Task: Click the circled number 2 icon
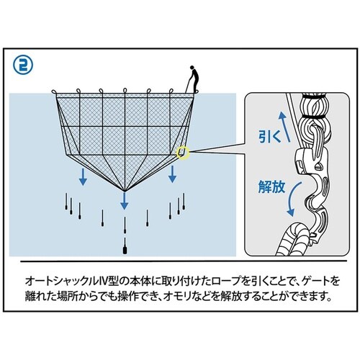[x=23, y=66]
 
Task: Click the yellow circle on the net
[x=183, y=153]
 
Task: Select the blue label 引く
[x=269, y=138]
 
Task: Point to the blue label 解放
[x=271, y=186]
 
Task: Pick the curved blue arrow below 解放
[x=293, y=199]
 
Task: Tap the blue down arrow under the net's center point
[x=124, y=201]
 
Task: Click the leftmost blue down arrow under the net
[x=83, y=177]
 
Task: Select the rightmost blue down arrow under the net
[x=172, y=174]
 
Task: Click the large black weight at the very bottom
[x=125, y=251]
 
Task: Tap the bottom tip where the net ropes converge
[x=125, y=191]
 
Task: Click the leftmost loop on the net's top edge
[x=55, y=91]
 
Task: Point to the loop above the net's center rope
[x=125, y=91]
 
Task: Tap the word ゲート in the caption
[x=316, y=281]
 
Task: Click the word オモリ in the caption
[x=178, y=297]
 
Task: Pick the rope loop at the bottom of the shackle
[x=293, y=239]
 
